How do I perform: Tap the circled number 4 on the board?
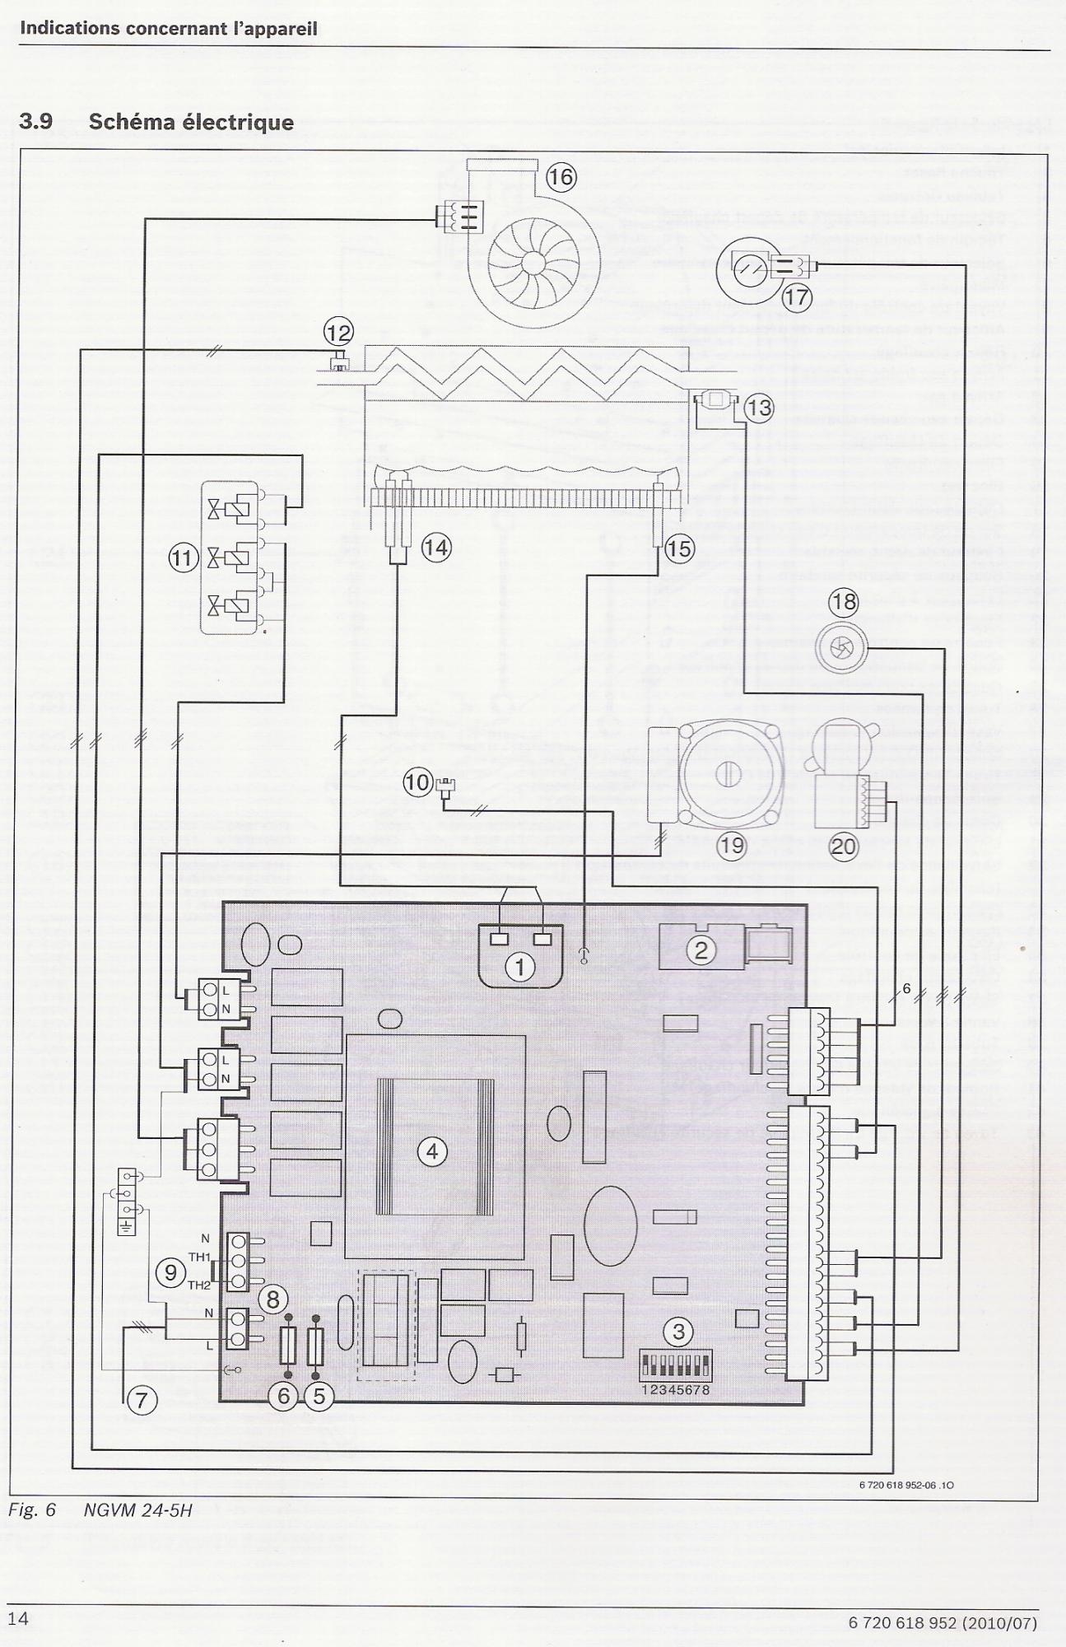[433, 1151]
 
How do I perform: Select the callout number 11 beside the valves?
[183, 558]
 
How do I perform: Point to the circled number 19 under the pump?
[731, 845]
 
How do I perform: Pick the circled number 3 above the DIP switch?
[678, 1332]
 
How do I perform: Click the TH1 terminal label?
[200, 1257]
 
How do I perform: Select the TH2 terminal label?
[199, 1285]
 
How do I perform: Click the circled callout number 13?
[759, 408]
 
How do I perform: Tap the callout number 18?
[844, 602]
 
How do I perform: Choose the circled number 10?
[417, 782]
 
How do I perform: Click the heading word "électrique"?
[238, 122]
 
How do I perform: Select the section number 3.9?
[35, 122]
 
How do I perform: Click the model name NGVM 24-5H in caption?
[137, 1511]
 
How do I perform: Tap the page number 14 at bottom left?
[17, 1618]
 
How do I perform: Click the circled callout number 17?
[796, 296]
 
